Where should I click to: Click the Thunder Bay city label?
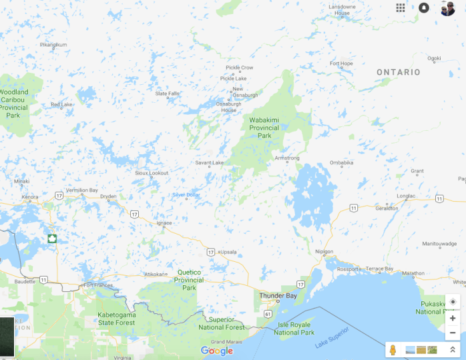(x=278, y=295)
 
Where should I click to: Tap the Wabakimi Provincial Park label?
(x=265, y=128)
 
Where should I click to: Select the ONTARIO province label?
(x=398, y=72)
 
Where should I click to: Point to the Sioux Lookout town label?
(x=152, y=173)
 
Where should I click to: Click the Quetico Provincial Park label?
(x=189, y=280)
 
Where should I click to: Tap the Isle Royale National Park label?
(x=294, y=329)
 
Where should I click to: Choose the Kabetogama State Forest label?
(x=107, y=318)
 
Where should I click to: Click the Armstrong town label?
(x=287, y=158)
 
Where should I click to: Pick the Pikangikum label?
(x=53, y=45)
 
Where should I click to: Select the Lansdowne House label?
(x=342, y=9)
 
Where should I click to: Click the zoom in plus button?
(x=453, y=318)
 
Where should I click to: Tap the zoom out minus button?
(x=453, y=333)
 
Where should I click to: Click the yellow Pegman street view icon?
(x=393, y=349)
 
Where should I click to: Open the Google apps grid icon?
(x=401, y=7)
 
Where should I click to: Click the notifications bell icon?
(x=424, y=7)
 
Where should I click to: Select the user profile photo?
(x=447, y=8)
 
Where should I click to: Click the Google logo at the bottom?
(x=217, y=351)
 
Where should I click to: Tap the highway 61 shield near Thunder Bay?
(x=268, y=313)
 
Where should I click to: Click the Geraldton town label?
(x=387, y=208)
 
